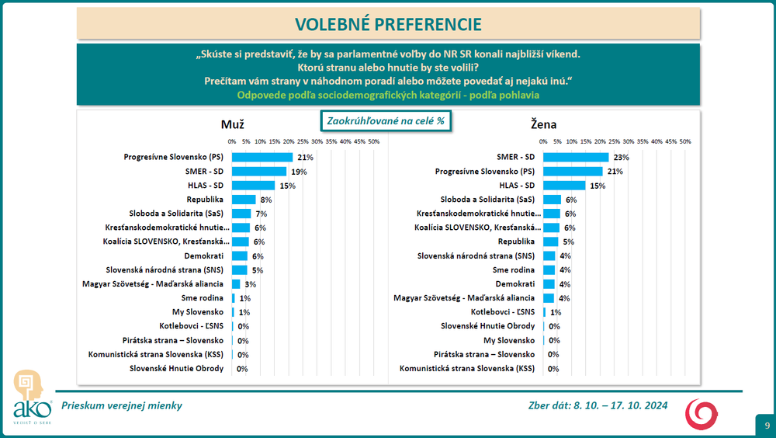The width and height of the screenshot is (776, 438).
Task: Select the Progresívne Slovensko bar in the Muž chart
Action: (x=262, y=157)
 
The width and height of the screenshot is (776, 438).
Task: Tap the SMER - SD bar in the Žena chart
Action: (x=576, y=157)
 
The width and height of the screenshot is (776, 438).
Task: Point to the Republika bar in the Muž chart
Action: (x=243, y=200)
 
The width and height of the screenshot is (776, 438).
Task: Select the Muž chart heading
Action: (x=234, y=124)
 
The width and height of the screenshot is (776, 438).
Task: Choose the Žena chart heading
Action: (x=543, y=124)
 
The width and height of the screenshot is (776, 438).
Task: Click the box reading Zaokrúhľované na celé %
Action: (x=385, y=121)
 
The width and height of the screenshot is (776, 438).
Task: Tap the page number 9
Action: (x=767, y=426)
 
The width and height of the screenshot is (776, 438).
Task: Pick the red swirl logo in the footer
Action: (x=701, y=413)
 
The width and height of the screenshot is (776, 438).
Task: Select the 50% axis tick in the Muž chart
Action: (x=373, y=141)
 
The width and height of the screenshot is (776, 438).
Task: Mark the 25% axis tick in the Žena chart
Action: (x=614, y=141)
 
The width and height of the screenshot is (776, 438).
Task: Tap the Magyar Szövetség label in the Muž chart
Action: (x=153, y=284)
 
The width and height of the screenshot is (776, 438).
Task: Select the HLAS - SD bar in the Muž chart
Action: (x=253, y=185)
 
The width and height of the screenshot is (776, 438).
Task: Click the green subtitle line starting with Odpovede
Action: (x=388, y=95)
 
